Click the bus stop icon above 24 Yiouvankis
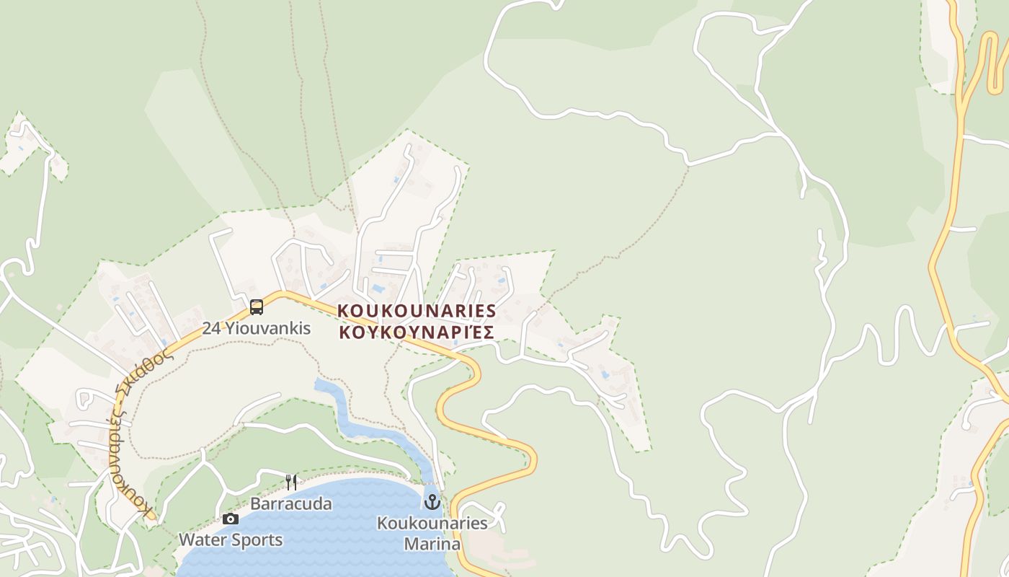point(257,307)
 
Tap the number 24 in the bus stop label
point(211,328)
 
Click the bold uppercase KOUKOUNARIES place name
point(417,311)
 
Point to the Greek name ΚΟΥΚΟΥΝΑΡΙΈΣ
point(417,332)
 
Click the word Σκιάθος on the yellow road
point(152,369)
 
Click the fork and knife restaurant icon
point(291,483)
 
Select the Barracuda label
point(291,503)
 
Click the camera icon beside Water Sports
point(231,519)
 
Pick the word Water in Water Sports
point(203,539)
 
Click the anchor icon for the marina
point(432,501)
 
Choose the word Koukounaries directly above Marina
point(432,523)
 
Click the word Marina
point(432,543)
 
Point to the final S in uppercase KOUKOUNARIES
point(491,311)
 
